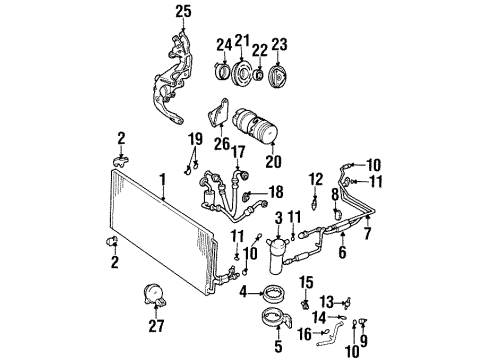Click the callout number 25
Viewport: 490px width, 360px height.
pos(182,12)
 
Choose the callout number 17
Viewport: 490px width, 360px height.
pos(237,153)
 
